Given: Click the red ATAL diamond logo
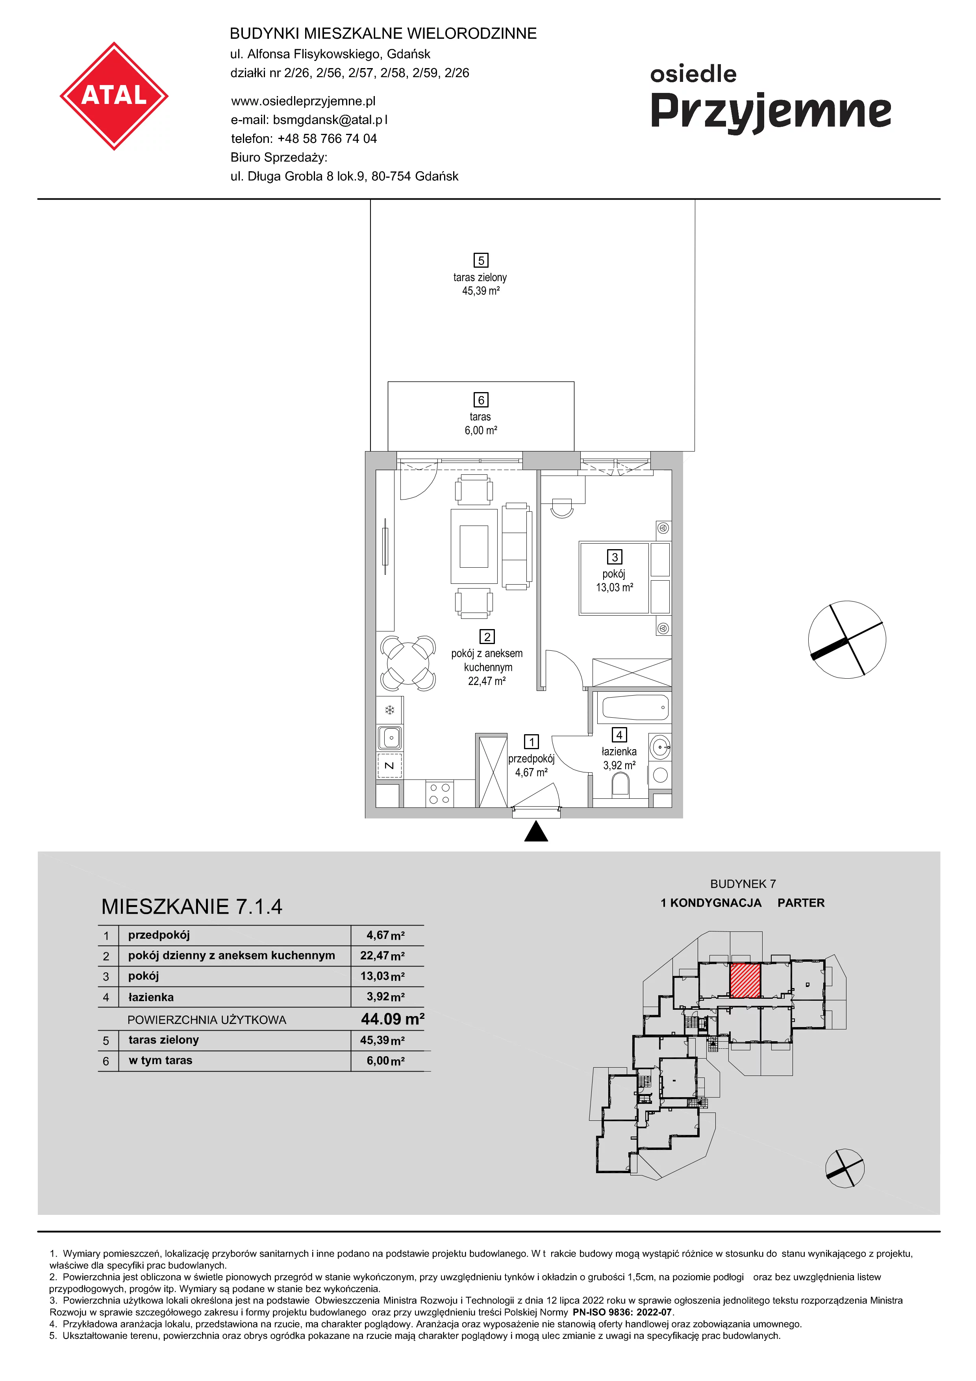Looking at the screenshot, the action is tap(114, 96).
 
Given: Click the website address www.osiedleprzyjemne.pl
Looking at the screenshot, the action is tap(303, 101).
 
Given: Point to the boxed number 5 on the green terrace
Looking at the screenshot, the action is tap(480, 261).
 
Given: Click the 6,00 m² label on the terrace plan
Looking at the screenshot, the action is tap(480, 430).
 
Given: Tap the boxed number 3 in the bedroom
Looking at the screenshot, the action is tap(615, 557).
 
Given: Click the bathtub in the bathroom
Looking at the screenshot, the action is tap(634, 708).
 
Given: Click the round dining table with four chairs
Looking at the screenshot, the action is tap(408, 663).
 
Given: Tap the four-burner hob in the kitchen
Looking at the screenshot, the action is tap(440, 793).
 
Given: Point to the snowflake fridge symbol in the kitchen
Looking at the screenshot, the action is tap(390, 710).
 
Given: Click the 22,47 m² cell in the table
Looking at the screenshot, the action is tap(382, 955).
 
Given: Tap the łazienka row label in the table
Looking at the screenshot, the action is tap(151, 997).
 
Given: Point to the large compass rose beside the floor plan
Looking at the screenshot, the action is tap(847, 639).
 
